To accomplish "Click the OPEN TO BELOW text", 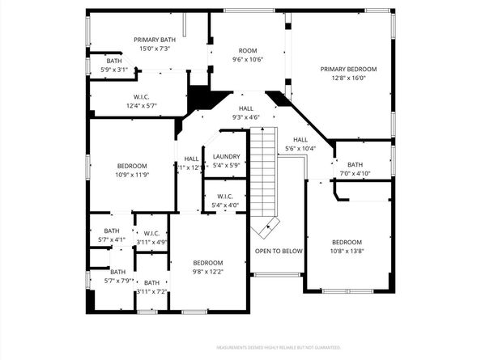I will pos(279,251).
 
